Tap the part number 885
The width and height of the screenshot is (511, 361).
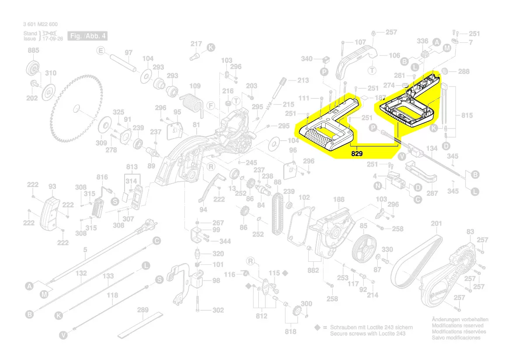point(34,51)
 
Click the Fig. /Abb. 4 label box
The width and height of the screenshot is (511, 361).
point(87,35)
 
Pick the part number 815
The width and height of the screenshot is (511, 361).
point(467,115)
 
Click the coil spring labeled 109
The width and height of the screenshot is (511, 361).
point(191,103)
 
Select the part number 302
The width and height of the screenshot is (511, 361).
point(218,310)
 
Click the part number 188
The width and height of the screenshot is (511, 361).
point(339,199)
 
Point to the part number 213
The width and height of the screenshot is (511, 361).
point(303,80)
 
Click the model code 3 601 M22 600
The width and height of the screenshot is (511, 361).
point(40,24)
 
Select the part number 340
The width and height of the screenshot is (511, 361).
point(307,59)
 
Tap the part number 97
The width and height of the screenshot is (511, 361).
point(129,52)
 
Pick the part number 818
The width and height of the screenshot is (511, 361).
point(291,331)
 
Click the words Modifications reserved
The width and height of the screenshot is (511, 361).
point(457,326)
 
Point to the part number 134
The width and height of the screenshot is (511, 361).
point(431,149)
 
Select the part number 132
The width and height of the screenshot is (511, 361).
point(81,273)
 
